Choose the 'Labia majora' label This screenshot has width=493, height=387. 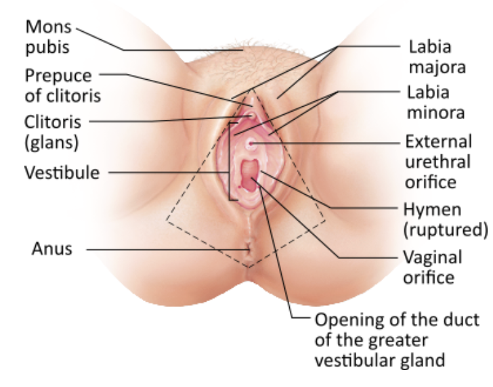429,58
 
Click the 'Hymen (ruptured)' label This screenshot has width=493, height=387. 444,219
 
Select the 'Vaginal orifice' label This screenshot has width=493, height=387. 433,267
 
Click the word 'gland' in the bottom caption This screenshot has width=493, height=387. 425,359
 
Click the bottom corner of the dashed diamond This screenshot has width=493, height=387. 249,267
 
